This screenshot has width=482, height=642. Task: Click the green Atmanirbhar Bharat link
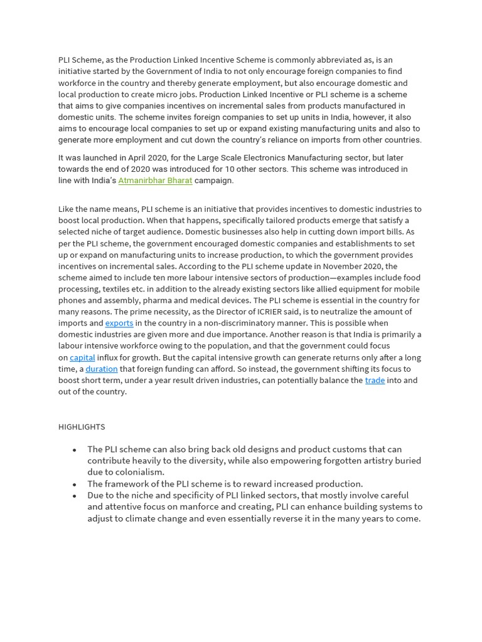[x=155, y=181]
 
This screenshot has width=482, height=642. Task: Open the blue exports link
[x=119, y=323]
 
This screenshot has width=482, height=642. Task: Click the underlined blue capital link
[x=82, y=357]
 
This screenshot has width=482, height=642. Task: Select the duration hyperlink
[x=102, y=369]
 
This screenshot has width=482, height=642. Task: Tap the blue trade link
[x=375, y=380]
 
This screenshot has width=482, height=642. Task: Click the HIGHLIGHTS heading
[x=82, y=426]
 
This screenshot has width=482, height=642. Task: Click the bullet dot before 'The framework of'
[x=75, y=484]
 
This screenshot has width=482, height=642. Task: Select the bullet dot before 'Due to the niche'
[x=75, y=495]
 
